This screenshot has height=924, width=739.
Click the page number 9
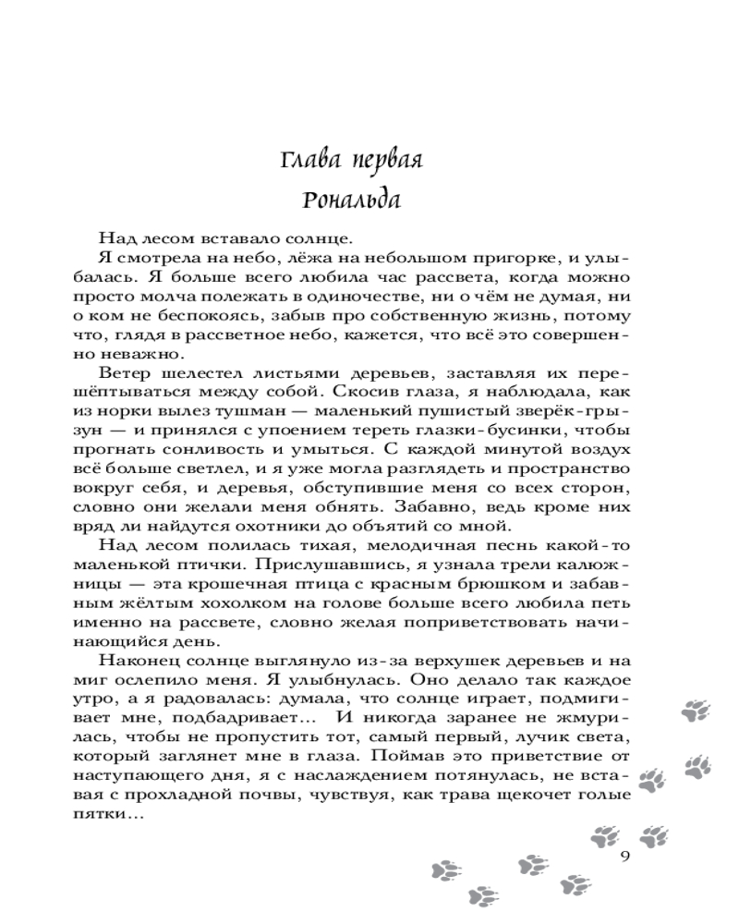tap(625, 854)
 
